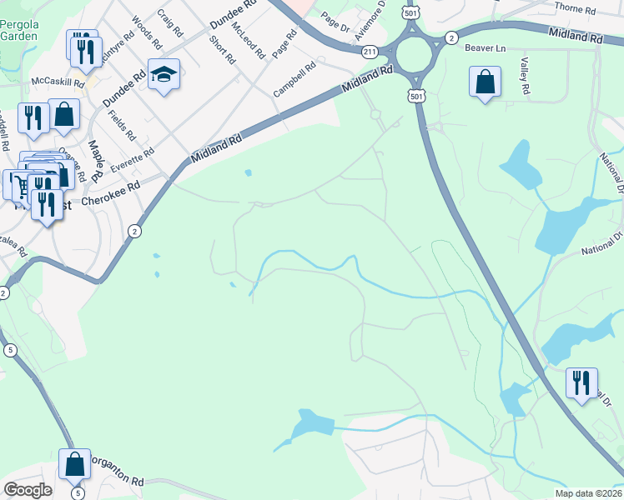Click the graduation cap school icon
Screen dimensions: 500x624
tap(164, 75)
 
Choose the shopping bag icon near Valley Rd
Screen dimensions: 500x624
tap(485, 82)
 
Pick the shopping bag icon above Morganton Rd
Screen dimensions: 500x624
tap(75, 465)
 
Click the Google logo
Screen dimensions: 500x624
tap(28, 490)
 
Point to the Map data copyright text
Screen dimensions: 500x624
tap(588, 492)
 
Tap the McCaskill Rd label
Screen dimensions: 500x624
tap(58, 82)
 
